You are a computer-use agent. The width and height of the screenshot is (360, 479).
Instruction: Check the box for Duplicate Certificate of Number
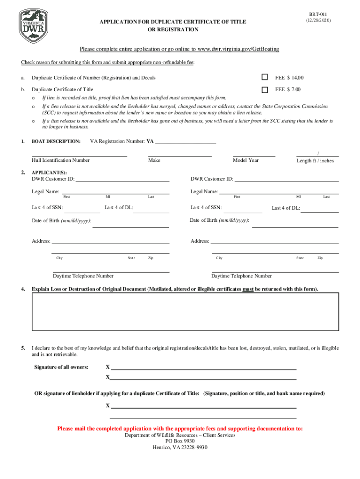point(265,77)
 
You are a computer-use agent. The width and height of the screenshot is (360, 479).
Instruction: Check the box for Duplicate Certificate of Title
point(265,89)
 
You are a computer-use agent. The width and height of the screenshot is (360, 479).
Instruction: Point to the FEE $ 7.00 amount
point(288,89)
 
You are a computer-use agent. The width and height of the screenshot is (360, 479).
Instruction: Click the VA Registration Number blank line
point(185,141)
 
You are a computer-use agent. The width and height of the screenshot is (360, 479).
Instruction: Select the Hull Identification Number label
point(60,160)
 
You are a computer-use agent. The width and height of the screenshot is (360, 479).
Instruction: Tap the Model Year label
point(245,160)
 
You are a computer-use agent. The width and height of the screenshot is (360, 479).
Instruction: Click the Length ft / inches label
point(315,161)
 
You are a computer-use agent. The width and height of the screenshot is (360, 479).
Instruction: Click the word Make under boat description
point(154,160)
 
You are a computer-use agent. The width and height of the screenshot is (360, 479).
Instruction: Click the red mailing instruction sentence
point(180,428)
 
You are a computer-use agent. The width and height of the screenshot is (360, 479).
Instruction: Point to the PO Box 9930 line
point(180,441)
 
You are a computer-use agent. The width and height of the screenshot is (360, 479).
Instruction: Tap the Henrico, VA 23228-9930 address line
point(180,447)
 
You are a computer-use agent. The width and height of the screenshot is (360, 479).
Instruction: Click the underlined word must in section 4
point(248,289)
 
